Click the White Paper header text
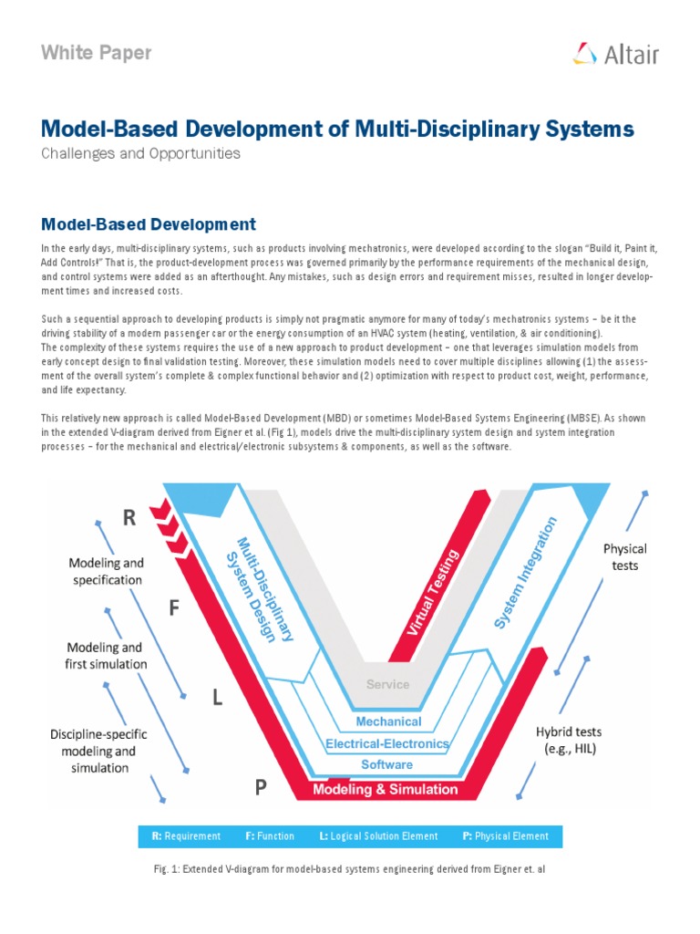(96, 53)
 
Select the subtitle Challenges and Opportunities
(140, 153)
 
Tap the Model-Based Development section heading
(149, 223)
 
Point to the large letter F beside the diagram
(174, 608)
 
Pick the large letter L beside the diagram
(217, 698)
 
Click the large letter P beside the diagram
(261, 787)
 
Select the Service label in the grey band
(387, 684)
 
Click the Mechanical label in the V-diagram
(388, 721)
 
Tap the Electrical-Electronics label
(387, 743)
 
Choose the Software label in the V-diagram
(386, 764)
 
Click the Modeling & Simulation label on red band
(386, 789)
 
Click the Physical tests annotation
(624, 556)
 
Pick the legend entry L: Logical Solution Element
(378, 835)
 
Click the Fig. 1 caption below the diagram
(350, 870)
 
